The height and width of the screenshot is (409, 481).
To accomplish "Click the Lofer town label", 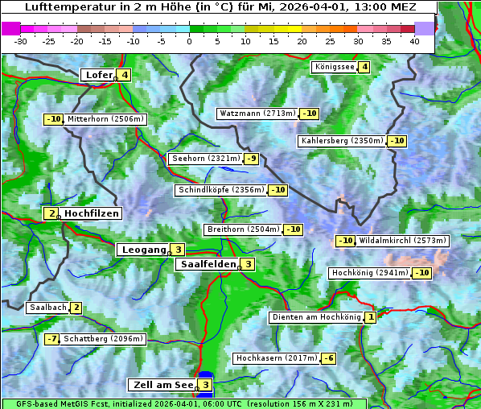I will tap(98, 76).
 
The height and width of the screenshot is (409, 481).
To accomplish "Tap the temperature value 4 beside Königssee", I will tap(364, 67).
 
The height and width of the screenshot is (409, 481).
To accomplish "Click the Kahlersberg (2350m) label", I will tap(342, 141).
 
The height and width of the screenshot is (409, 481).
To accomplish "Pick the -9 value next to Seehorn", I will tap(252, 159).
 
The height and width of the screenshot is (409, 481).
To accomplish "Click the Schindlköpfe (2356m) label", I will tap(220, 190).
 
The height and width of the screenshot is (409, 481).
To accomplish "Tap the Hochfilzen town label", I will tap(92, 213).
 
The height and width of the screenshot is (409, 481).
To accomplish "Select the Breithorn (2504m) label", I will tap(243, 229).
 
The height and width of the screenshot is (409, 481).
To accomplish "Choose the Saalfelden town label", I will tap(208, 264).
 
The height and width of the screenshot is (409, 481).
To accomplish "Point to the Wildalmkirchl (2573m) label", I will tap(402, 241).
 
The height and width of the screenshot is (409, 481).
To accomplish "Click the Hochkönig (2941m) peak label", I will tap(370, 273).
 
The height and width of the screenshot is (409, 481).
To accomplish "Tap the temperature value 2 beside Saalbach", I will tap(76, 308).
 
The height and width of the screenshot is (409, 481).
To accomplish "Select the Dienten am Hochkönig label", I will tap(316, 317).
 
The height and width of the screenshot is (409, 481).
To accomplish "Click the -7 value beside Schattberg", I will tap(51, 339).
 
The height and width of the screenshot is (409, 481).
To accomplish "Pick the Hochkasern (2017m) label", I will tap(276, 357).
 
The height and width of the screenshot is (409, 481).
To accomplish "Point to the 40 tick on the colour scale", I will tap(414, 40).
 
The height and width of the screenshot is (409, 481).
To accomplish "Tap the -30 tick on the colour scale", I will tap(21, 40).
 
